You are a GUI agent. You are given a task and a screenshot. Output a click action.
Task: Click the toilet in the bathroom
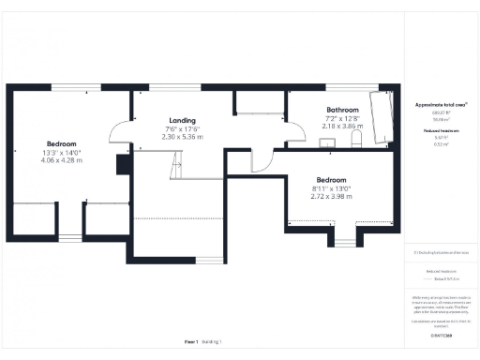(x=355, y=139)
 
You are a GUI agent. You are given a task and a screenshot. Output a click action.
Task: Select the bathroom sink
(x=330, y=142)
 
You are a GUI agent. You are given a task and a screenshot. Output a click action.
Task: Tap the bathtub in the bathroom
(x=382, y=120)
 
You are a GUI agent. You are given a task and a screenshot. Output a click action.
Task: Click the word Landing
(x=182, y=121)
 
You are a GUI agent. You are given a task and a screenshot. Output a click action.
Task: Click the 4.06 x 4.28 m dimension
(x=62, y=160)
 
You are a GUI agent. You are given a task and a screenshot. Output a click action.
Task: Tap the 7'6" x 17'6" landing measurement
(x=182, y=128)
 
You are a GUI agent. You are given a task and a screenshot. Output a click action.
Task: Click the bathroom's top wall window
(x=340, y=89)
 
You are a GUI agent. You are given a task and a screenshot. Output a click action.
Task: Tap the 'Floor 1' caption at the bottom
(x=190, y=342)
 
